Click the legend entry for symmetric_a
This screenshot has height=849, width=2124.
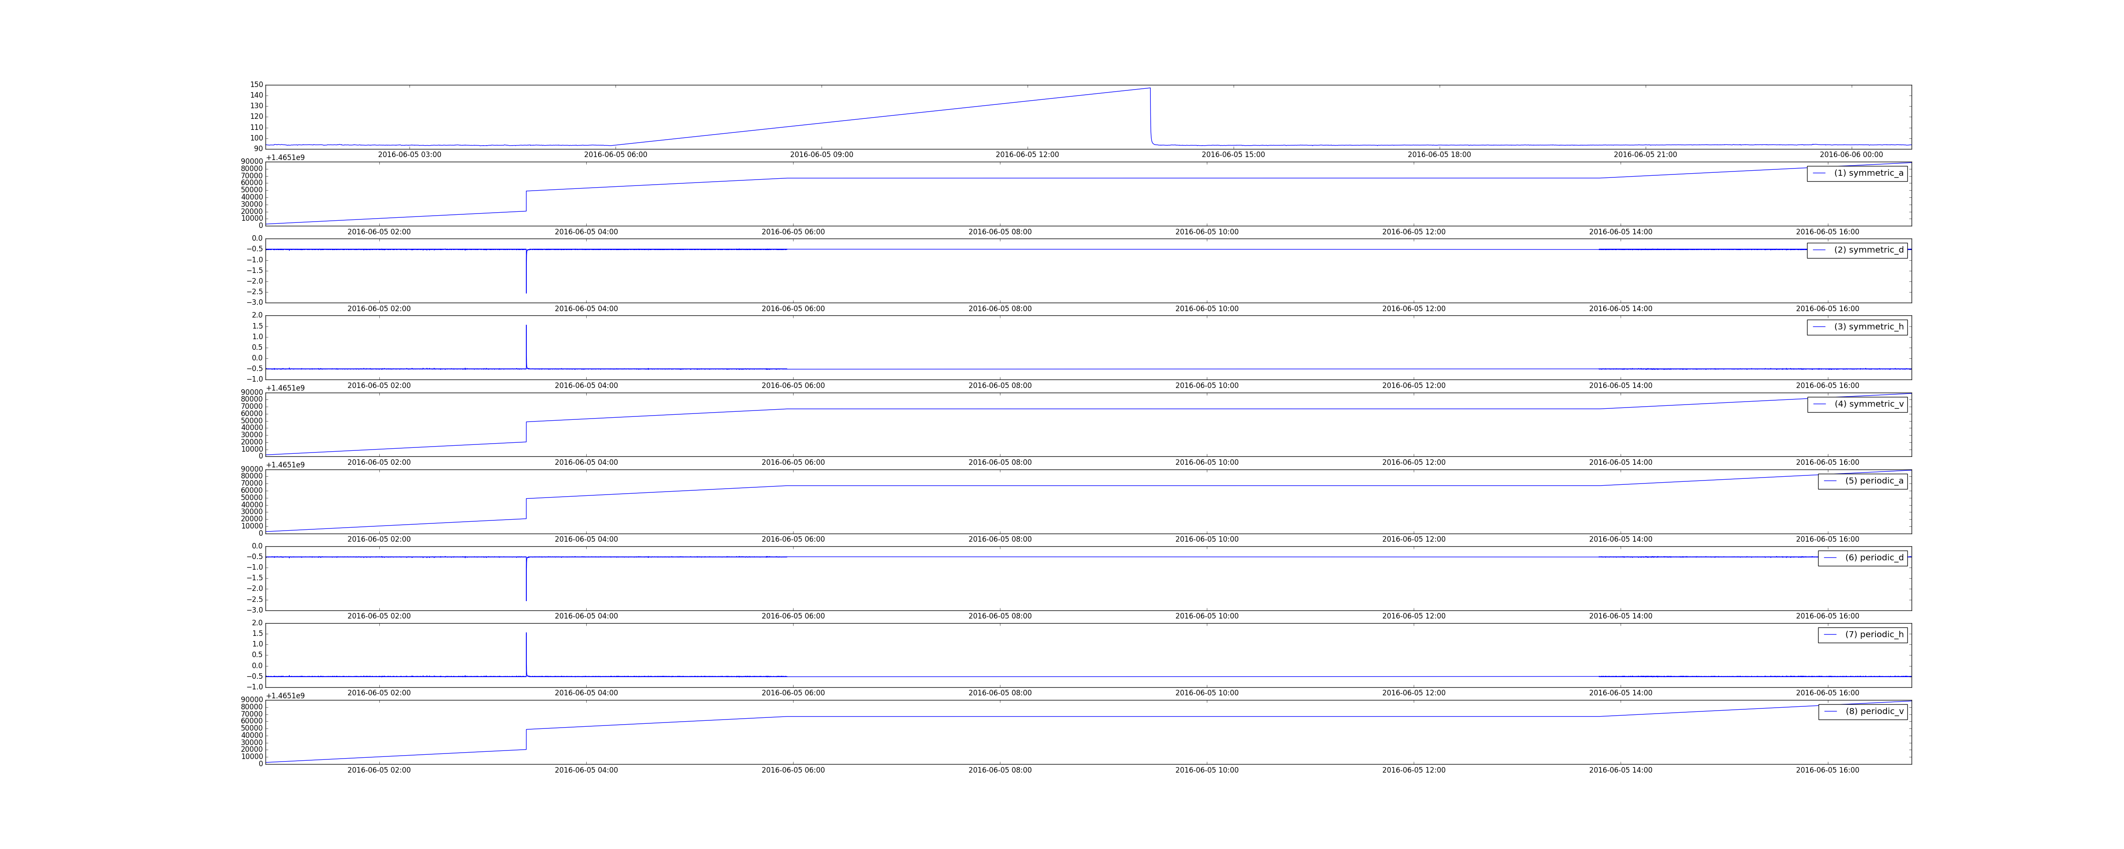point(1857,173)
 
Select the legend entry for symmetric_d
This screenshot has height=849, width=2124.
point(1857,250)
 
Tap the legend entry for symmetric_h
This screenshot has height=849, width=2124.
point(1857,326)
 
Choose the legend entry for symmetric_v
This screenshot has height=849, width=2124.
point(1857,404)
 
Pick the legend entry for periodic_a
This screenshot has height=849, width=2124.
point(1863,481)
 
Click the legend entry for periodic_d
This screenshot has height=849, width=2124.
point(1863,557)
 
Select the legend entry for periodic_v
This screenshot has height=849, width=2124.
point(1863,711)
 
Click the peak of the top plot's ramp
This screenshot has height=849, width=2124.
point(1150,88)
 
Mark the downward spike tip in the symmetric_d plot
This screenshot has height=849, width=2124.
point(526,292)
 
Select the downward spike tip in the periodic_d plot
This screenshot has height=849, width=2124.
point(526,600)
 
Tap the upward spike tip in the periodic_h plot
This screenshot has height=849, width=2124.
point(526,633)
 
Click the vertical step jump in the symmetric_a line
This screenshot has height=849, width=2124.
point(526,201)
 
